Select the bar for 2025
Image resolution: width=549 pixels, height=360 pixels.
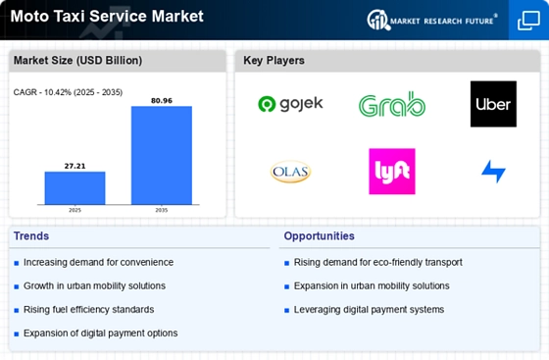click(75, 187)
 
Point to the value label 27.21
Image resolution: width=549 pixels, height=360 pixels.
click(75, 166)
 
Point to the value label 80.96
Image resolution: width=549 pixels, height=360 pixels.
click(162, 99)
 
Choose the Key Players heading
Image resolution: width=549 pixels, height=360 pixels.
click(274, 61)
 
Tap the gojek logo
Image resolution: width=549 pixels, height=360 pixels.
click(290, 104)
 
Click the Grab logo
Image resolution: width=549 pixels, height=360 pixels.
click(391, 105)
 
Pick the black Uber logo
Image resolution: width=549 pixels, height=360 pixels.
click(493, 104)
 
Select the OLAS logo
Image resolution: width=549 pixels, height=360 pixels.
click(290, 172)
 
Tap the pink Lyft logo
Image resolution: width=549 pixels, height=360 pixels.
click(391, 172)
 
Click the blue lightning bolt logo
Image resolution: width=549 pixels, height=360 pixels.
click(493, 172)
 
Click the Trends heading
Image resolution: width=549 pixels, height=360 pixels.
click(31, 236)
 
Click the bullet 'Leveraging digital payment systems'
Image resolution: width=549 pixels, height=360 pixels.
click(369, 309)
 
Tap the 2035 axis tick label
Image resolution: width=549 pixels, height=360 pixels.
click(162, 210)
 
